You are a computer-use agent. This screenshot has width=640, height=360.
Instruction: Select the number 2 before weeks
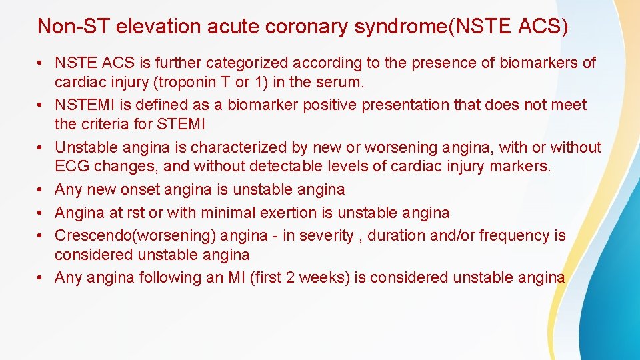(291, 277)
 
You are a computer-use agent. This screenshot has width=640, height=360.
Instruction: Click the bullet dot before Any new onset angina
(41, 190)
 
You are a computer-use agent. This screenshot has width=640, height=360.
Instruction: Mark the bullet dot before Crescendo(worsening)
(41, 236)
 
